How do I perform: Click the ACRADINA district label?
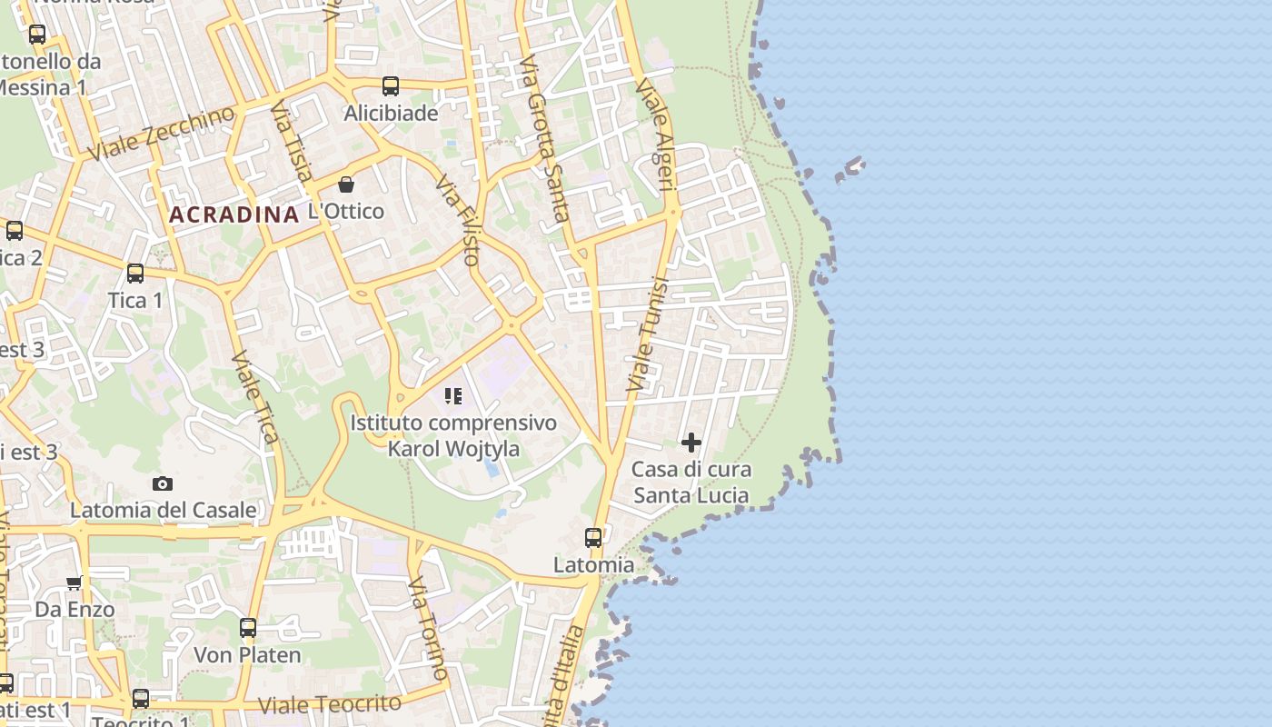tap(234, 214)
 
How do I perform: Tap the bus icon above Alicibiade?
tap(391, 86)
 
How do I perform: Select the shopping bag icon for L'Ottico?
tap(346, 184)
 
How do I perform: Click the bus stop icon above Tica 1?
tap(135, 273)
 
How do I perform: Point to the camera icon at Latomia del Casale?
tap(163, 483)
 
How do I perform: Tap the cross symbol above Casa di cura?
tap(691, 443)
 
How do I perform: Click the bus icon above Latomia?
tap(593, 538)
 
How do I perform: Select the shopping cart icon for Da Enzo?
tap(75, 583)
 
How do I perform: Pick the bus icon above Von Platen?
tap(247, 628)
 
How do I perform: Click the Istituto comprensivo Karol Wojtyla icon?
tap(453, 396)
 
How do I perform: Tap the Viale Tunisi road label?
tap(648, 334)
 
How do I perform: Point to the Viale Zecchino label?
tap(162, 133)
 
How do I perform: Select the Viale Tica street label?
tap(254, 397)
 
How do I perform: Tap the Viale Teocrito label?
tap(329, 704)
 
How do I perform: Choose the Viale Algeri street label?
tap(657, 134)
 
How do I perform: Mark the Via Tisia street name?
tap(292, 141)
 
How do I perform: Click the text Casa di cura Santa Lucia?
tap(691, 483)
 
